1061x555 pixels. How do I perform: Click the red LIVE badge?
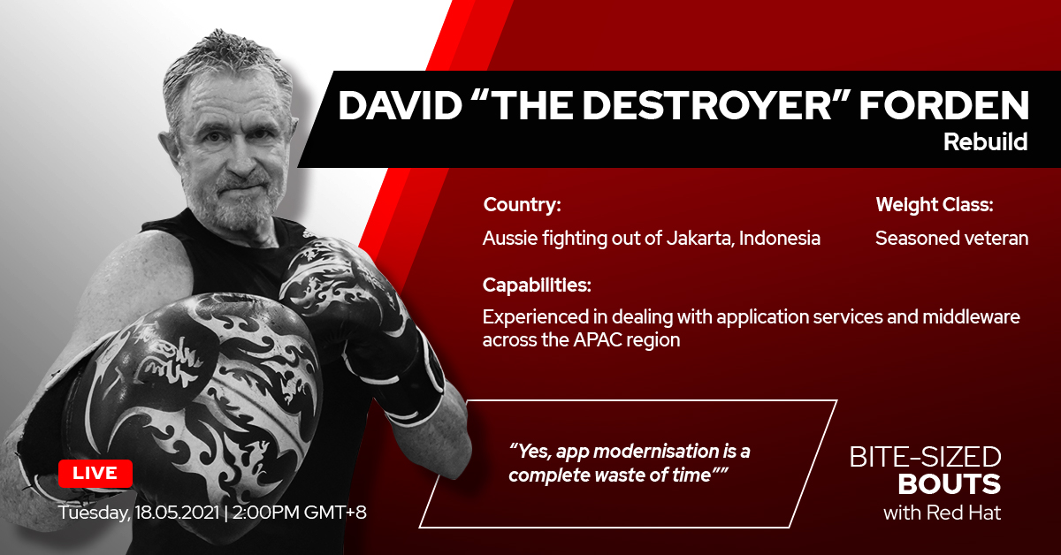pyautogui.click(x=95, y=473)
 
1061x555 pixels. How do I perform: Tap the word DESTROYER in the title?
pyautogui.click(x=661, y=105)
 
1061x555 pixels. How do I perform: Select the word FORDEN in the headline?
pyautogui.click(x=944, y=105)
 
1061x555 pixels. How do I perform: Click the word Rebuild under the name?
pyautogui.click(x=985, y=141)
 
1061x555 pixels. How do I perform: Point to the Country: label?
pyautogui.click(x=522, y=204)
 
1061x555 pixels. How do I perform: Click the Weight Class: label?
pyautogui.click(x=934, y=204)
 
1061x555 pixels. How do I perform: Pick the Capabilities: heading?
pyautogui.click(x=537, y=285)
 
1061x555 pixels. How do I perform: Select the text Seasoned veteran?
pyautogui.click(x=951, y=238)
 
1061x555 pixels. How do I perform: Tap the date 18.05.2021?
pyautogui.click(x=177, y=512)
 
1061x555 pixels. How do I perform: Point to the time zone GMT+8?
pyautogui.click(x=335, y=512)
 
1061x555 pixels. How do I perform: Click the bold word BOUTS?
pyautogui.click(x=950, y=484)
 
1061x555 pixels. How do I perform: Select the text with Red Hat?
pyautogui.click(x=943, y=513)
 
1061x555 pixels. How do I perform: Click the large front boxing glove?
pyautogui.click(x=199, y=393)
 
